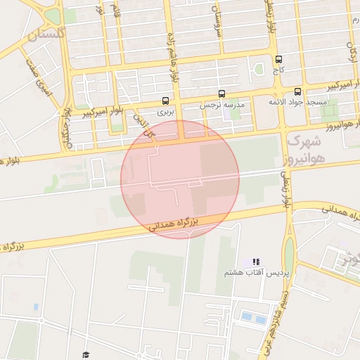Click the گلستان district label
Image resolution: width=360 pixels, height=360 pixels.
(46, 33)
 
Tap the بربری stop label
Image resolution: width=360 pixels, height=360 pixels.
(165, 110)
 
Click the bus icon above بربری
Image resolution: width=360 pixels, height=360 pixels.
(165, 101)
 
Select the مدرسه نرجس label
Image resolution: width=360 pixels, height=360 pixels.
(224, 104)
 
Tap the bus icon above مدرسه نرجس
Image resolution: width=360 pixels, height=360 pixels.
(222, 94)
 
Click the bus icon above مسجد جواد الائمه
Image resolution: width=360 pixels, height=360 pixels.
(297, 91)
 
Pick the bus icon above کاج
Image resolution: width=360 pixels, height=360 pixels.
(279, 60)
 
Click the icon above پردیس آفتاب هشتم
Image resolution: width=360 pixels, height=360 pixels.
(256, 262)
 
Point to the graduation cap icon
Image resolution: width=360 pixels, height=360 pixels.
(86, 355)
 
